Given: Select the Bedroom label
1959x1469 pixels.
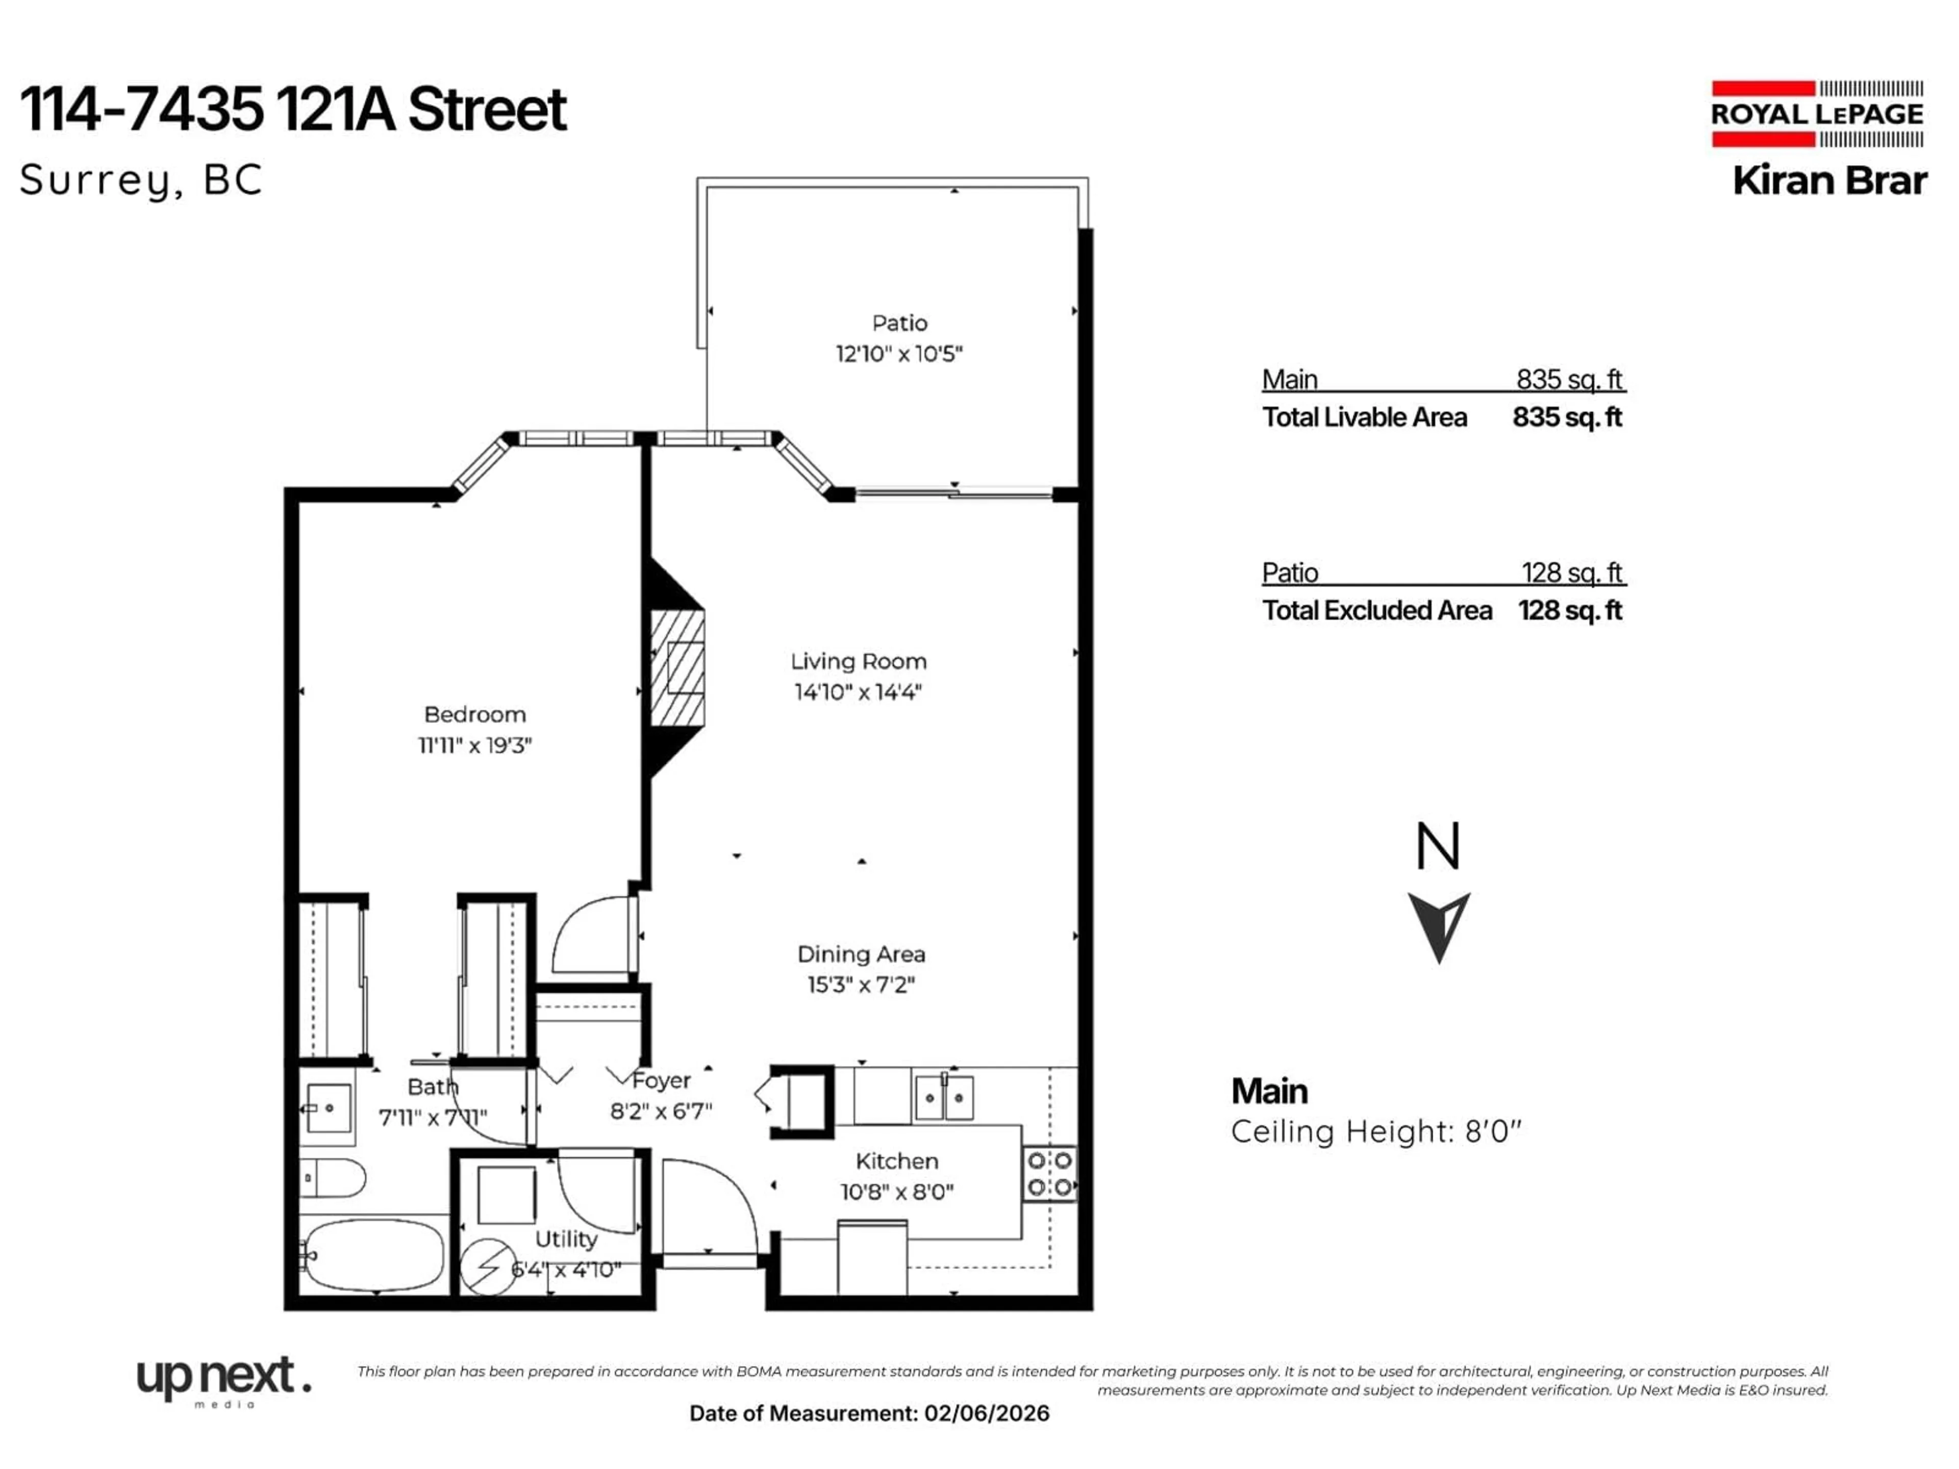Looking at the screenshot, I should [x=474, y=715].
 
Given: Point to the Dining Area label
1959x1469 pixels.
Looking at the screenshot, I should [x=861, y=954].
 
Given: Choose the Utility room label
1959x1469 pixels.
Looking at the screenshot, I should [x=566, y=1239].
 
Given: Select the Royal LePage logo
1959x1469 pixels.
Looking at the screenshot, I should [x=1817, y=114].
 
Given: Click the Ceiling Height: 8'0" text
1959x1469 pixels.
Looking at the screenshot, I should [x=1375, y=1132].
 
